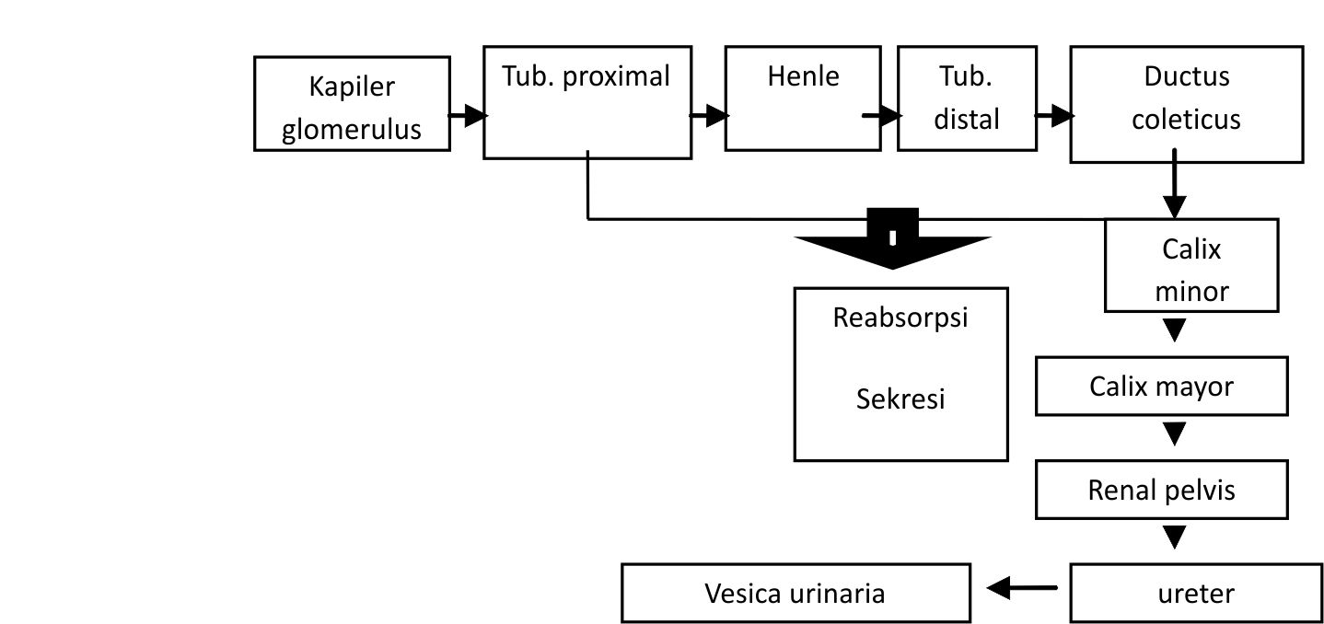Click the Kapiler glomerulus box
point(352,104)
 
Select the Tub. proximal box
point(587,102)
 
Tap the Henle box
point(802,98)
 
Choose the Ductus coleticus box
point(1186,104)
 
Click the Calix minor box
point(1191,266)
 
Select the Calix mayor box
point(1161,387)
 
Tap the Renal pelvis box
point(1161,490)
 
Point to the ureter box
point(1195,594)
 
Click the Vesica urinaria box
point(796,594)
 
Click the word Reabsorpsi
point(900,317)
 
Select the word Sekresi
point(900,399)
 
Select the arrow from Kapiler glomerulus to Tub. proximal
point(468,116)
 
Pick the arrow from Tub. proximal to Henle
point(709,116)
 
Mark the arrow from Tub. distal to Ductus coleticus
point(1053,116)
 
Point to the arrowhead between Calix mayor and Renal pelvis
point(1174,433)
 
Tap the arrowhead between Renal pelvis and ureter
point(1174,537)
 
